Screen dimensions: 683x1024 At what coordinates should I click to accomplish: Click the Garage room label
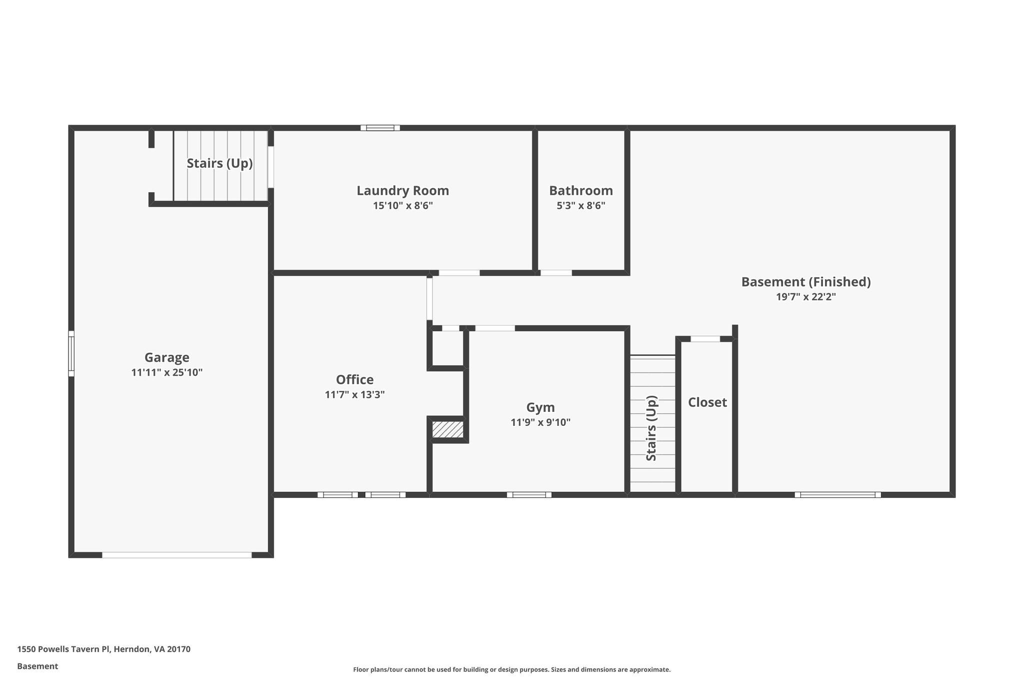pyautogui.click(x=166, y=357)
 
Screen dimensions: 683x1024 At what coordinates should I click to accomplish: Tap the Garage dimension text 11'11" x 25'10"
pyautogui.click(x=166, y=372)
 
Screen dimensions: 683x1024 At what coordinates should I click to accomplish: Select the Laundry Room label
pyautogui.click(x=402, y=191)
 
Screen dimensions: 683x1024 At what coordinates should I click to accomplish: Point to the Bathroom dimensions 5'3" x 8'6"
pyautogui.click(x=580, y=206)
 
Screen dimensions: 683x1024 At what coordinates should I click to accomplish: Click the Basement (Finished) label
pyautogui.click(x=805, y=282)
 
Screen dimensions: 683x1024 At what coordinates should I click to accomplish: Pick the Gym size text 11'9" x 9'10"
pyautogui.click(x=540, y=422)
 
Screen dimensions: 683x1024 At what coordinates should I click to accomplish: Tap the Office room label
pyautogui.click(x=354, y=379)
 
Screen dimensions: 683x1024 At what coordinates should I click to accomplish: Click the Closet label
pyautogui.click(x=707, y=402)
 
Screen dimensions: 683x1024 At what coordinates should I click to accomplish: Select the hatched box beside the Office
pyautogui.click(x=447, y=430)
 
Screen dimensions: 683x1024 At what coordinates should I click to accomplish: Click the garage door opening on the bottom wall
pyautogui.click(x=176, y=555)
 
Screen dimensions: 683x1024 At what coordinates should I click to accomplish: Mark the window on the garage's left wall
pyautogui.click(x=71, y=353)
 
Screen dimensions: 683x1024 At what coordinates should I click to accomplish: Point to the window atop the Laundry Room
pyautogui.click(x=380, y=128)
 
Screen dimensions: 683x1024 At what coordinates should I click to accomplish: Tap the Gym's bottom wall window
pyautogui.click(x=529, y=495)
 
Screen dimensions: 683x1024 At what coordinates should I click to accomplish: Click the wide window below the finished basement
pyautogui.click(x=837, y=495)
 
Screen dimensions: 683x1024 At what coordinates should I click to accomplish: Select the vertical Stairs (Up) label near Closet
pyautogui.click(x=651, y=428)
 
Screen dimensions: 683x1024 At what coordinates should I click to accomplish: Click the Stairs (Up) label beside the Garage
pyautogui.click(x=219, y=164)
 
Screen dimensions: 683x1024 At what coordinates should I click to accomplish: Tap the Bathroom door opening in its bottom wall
pyautogui.click(x=556, y=273)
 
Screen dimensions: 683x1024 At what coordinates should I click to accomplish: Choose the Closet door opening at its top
pyautogui.click(x=705, y=339)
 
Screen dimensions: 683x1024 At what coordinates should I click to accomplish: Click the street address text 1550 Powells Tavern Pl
pyautogui.click(x=103, y=649)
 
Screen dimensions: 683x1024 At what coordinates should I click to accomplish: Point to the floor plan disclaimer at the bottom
pyautogui.click(x=511, y=669)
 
